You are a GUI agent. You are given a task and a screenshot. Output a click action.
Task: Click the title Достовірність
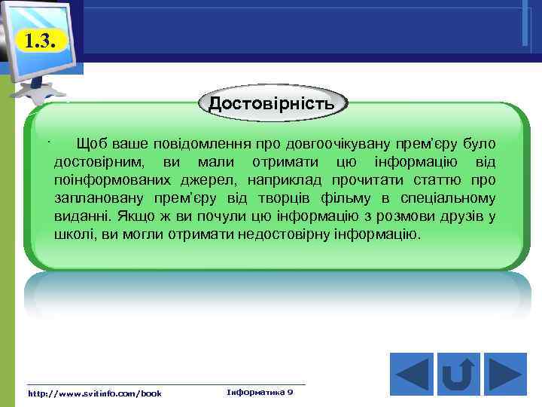coord(272,103)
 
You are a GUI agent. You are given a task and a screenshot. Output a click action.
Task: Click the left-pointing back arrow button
coord(412,372)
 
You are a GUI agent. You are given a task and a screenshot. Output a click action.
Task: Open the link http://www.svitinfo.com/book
coord(95,393)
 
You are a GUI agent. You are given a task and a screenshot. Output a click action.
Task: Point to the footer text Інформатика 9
coord(260,393)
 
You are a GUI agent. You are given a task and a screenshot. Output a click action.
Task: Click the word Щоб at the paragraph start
coord(90,142)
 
